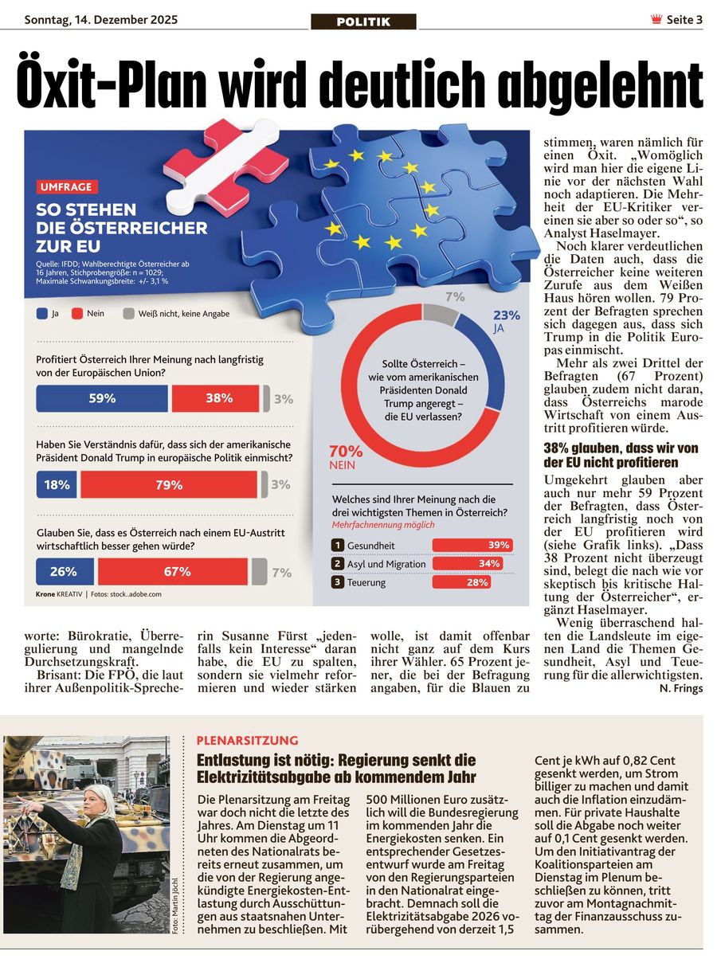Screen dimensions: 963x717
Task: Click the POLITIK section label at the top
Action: point(363,22)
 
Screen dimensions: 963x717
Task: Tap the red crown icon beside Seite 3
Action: point(656,20)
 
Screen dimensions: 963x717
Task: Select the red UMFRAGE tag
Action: point(67,187)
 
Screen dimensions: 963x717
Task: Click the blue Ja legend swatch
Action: point(41,314)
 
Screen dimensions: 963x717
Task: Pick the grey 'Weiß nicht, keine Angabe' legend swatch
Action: point(128,314)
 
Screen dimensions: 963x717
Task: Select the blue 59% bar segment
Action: point(102,398)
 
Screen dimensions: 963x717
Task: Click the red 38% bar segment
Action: point(216,398)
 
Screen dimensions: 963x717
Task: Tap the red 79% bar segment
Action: point(169,484)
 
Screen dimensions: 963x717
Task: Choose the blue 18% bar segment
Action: point(57,484)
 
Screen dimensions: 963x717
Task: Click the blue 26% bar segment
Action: point(64,571)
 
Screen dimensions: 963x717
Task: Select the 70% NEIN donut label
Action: point(346,456)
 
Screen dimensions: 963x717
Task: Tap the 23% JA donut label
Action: point(506,320)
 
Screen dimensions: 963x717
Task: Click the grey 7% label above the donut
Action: point(455,297)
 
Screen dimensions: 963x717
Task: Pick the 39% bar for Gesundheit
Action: point(472,545)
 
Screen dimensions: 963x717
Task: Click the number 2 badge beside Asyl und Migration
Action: point(338,564)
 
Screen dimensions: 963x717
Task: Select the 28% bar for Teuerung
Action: point(472,582)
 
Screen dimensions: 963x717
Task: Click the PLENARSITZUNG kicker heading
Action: point(247,740)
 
